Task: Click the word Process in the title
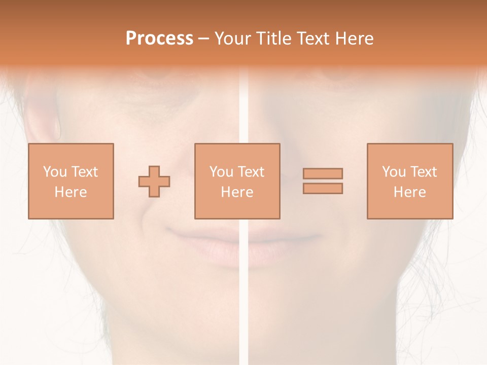[x=159, y=39]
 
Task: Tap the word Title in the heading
[x=273, y=39]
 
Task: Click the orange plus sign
[x=154, y=181]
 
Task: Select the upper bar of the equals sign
[x=323, y=173]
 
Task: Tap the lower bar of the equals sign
[x=323, y=188]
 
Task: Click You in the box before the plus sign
[x=54, y=172]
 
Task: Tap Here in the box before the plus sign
[x=71, y=192]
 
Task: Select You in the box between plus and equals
[x=221, y=172]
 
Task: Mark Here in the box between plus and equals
[x=237, y=192]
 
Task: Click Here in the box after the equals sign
[x=409, y=192]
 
